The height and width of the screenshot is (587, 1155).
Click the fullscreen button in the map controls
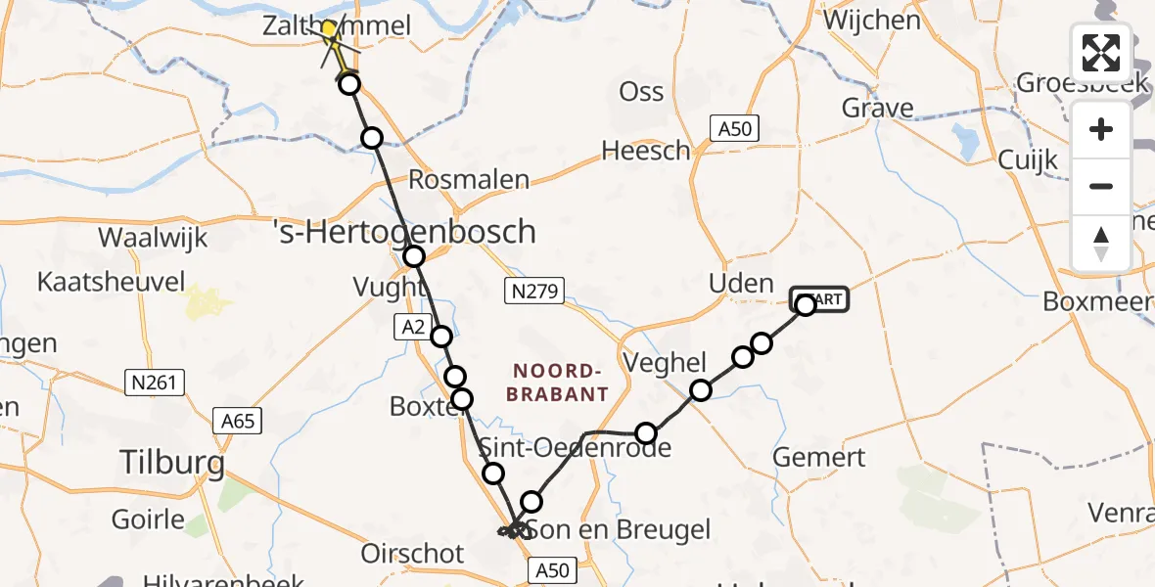point(1101,53)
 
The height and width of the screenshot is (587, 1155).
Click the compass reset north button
point(1101,243)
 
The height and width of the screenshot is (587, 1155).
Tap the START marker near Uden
point(820,299)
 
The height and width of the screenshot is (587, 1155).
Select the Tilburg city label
point(171,462)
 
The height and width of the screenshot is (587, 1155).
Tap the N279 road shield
point(534,290)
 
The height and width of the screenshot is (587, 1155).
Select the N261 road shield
point(154,382)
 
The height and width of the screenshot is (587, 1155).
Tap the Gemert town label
point(818,457)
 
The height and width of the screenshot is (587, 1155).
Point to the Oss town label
point(641,92)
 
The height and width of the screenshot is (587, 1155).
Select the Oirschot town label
point(412,554)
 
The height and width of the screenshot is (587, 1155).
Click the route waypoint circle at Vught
point(414,256)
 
